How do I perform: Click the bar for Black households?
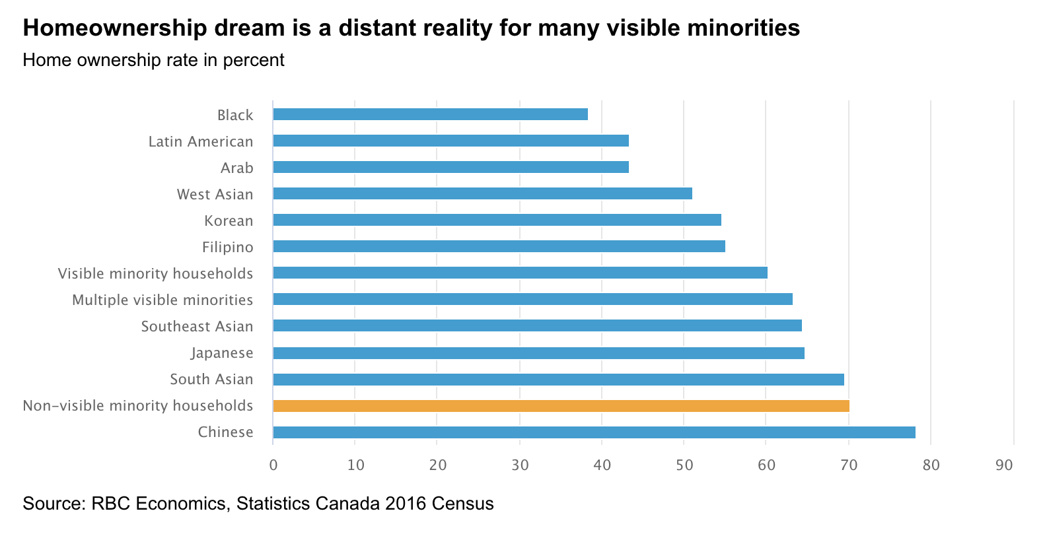tap(430, 114)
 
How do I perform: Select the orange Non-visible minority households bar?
tap(561, 405)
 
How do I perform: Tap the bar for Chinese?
tap(594, 432)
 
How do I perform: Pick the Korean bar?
tap(497, 220)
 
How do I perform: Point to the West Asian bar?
tap(482, 193)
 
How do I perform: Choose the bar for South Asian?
tap(558, 379)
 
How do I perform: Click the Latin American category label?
tap(201, 141)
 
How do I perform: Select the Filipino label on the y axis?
tap(228, 247)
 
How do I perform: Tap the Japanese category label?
tap(222, 353)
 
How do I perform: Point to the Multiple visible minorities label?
tap(162, 300)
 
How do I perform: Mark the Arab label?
tap(237, 168)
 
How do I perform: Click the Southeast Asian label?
tap(197, 326)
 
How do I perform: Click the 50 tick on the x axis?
tap(684, 465)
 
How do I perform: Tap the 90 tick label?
tap(1004, 465)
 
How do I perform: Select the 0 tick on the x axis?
tap(273, 465)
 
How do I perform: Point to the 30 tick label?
tap(519, 465)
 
